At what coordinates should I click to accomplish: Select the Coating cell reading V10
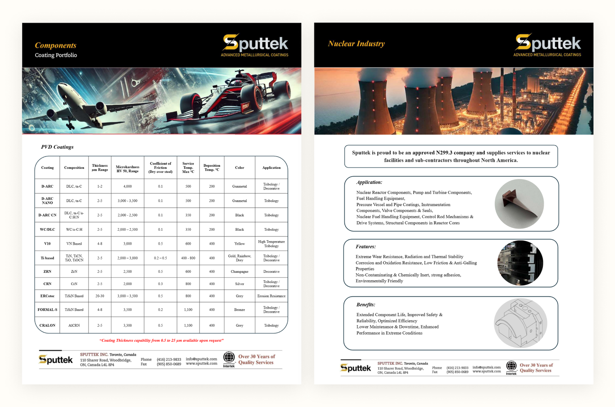[47, 244]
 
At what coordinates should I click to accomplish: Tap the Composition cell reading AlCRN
[74, 326]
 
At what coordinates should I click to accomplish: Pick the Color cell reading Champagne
[239, 272]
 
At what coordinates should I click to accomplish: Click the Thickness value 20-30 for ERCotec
[100, 296]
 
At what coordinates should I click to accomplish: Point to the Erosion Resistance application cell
[271, 296]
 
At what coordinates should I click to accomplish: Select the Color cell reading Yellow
[239, 244]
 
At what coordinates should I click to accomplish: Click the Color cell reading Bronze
[239, 310]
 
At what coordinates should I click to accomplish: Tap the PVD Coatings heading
[57, 147]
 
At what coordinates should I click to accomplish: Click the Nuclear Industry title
[356, 44]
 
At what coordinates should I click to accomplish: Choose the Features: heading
[366, 247]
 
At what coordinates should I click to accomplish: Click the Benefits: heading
[366, 305]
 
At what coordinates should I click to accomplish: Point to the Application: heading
[369, 182]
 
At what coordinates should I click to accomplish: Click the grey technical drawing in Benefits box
[520, 323]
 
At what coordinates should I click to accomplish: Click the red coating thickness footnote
[161, 341]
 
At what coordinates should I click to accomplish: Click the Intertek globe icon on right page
[511, 366]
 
